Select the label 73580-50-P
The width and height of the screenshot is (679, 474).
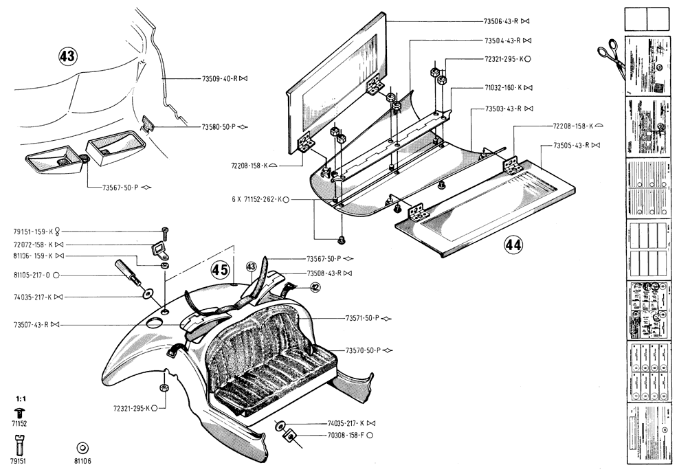pyautogui.click(x=219, y=127)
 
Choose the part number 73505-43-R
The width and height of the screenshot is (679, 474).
pyautogui.click(x=571, y=146)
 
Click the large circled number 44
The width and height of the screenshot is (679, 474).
pyautogui.click(x=513, y=245)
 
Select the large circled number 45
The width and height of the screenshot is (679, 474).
pyautogui.click(x=220, y=269)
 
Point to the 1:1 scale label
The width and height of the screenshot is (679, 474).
pyautogui.click(x=20, y=398)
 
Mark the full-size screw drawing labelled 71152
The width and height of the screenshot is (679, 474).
pyautogui.click(x=19, y=412)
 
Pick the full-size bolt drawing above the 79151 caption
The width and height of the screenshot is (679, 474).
pyautogui.click(x=19, y=445)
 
